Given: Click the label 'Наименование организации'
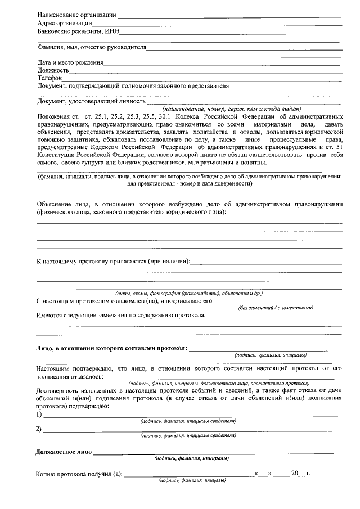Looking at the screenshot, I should tap(76, 15).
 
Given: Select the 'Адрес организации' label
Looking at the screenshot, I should tap(64, 24).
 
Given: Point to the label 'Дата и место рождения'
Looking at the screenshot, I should tap(70, 62).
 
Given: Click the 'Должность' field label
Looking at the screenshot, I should tap(53, 70).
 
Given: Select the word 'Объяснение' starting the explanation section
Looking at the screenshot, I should tap(55, 204).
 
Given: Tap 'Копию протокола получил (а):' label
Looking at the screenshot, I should tap(79, 474).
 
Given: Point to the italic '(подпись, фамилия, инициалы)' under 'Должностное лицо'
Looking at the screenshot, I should tap(191, 458).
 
